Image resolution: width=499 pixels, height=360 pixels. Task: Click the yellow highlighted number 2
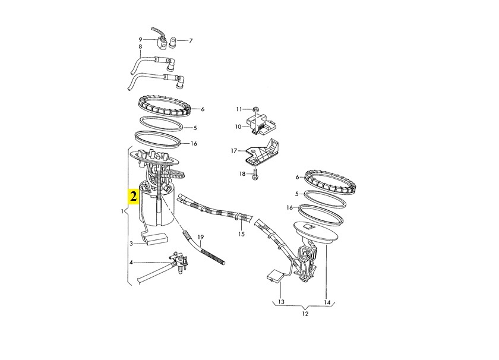click(132, 197)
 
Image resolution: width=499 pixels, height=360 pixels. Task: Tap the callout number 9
click(140, 40)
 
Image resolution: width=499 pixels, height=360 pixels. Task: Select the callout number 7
click(191, 41)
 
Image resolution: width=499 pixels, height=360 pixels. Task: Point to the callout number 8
click(140, 47)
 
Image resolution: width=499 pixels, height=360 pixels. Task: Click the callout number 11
click(239, 109)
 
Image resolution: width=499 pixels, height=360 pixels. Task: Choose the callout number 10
click(238, 127)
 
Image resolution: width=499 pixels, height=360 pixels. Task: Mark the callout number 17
click(234, 150)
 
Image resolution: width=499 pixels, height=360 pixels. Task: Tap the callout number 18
click(242, 174)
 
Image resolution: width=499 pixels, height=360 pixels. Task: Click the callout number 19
click(201, 237)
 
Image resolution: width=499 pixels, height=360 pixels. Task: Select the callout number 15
click(242, 234)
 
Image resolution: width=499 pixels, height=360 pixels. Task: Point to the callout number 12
click(305, 314)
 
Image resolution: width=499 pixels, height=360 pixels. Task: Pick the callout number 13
click(282, 302)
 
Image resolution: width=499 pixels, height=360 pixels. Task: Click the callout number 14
click(327, 302)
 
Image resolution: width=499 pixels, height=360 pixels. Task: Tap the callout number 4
click(131, 263)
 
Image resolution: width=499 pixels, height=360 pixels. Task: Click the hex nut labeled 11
click(255, 109)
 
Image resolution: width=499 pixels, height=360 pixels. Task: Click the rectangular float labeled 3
click(156, 239)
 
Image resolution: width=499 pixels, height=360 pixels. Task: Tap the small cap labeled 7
click(173, 42)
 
